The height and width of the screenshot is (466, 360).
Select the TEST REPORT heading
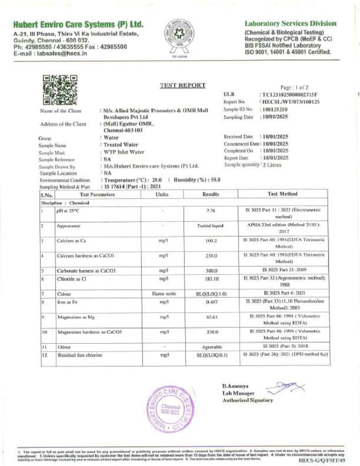183,85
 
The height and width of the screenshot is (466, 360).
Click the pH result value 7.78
211,211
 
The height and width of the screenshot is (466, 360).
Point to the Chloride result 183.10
211,279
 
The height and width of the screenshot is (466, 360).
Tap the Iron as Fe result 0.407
211,302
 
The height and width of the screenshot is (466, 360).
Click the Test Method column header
282,194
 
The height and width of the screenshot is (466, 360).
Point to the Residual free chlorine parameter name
79,355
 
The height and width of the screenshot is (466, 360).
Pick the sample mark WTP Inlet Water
124,153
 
